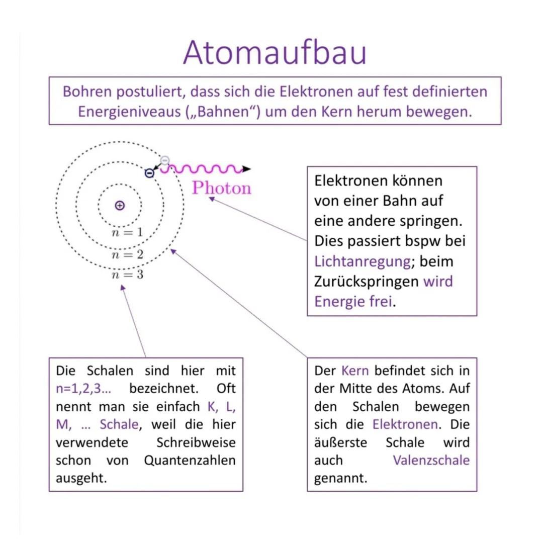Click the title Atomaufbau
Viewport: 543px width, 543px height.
coord(275,52)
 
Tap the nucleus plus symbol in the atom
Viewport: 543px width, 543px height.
coord(120,205)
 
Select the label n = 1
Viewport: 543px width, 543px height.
coord(127,233)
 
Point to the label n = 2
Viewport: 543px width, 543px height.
coord(127,254)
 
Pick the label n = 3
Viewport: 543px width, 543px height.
coord(127,275)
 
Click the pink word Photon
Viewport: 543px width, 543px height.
coord(222,189)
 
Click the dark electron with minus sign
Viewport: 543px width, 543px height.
coord(149,173)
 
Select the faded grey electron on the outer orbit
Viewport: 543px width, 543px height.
coord(164,160)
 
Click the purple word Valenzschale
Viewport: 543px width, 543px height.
coord(431,461)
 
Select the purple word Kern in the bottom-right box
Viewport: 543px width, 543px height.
coord(355,371)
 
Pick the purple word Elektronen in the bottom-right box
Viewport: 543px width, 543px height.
coord(405,425)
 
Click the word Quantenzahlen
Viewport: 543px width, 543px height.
coord(190,461)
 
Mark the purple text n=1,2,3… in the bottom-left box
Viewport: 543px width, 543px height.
coord(84,389)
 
